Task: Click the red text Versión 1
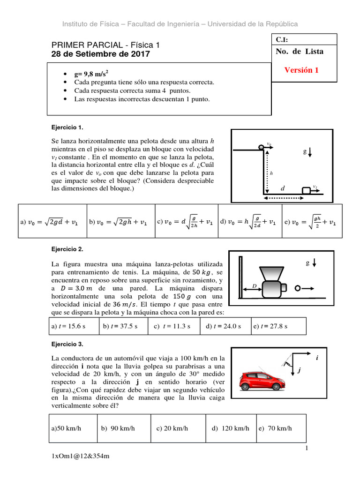coord(301,70)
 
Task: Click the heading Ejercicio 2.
coord(67,249)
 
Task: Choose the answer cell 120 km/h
coord(230,428)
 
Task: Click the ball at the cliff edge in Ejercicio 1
coord(261,147)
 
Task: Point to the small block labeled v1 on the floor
coord(307,190)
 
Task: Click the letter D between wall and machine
coord(254,285)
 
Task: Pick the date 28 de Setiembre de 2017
coord(100,54)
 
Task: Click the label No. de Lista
coord(300,52)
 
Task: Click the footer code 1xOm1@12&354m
coord(80,456)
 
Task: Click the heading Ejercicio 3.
coord(67,344)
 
